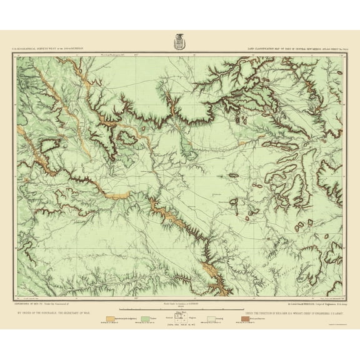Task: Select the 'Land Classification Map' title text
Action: pos(275,49)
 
